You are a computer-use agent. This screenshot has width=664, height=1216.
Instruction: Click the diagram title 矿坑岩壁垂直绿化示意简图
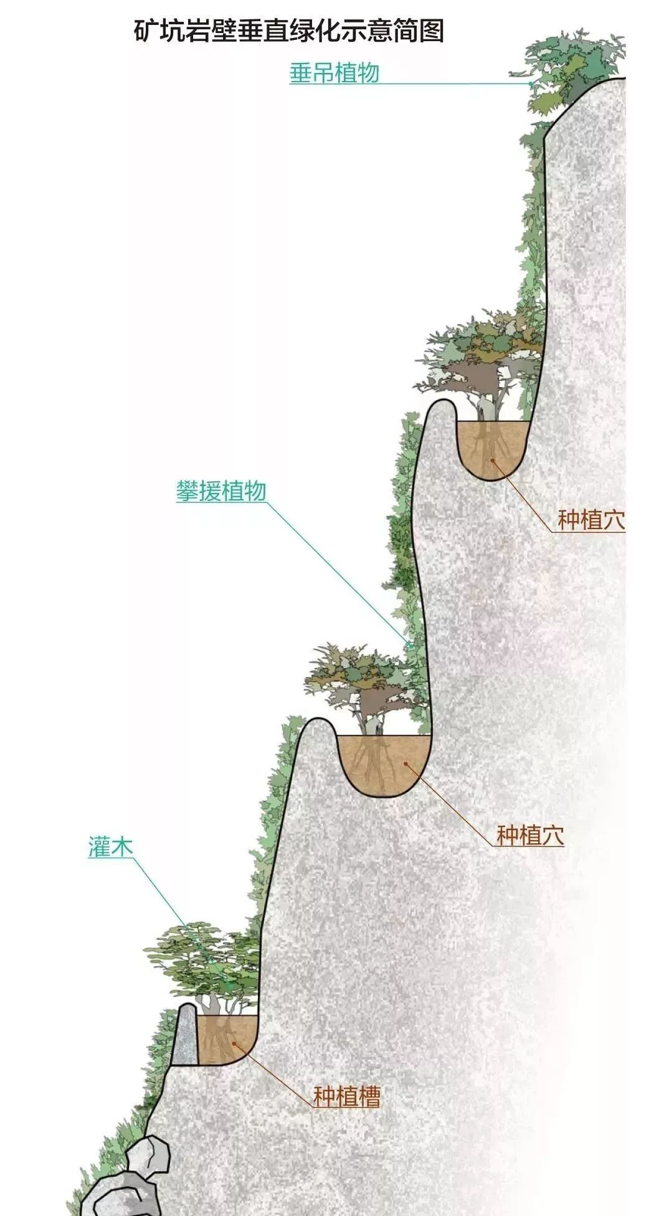pos(288,31)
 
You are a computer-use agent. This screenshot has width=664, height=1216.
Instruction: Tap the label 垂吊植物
pos(334,73)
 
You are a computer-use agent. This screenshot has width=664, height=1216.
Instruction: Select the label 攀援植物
pos(221,491)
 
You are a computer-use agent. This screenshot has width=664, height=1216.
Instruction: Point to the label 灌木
pos(110,847)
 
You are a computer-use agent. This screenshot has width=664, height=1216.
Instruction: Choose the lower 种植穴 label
pos(530,835)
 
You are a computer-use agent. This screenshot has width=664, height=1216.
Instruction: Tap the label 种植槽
pos(346,1096)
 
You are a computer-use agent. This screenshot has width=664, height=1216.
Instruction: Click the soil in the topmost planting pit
pos(491,448)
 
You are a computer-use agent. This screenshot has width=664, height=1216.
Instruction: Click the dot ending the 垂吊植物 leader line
pos(530,83)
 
